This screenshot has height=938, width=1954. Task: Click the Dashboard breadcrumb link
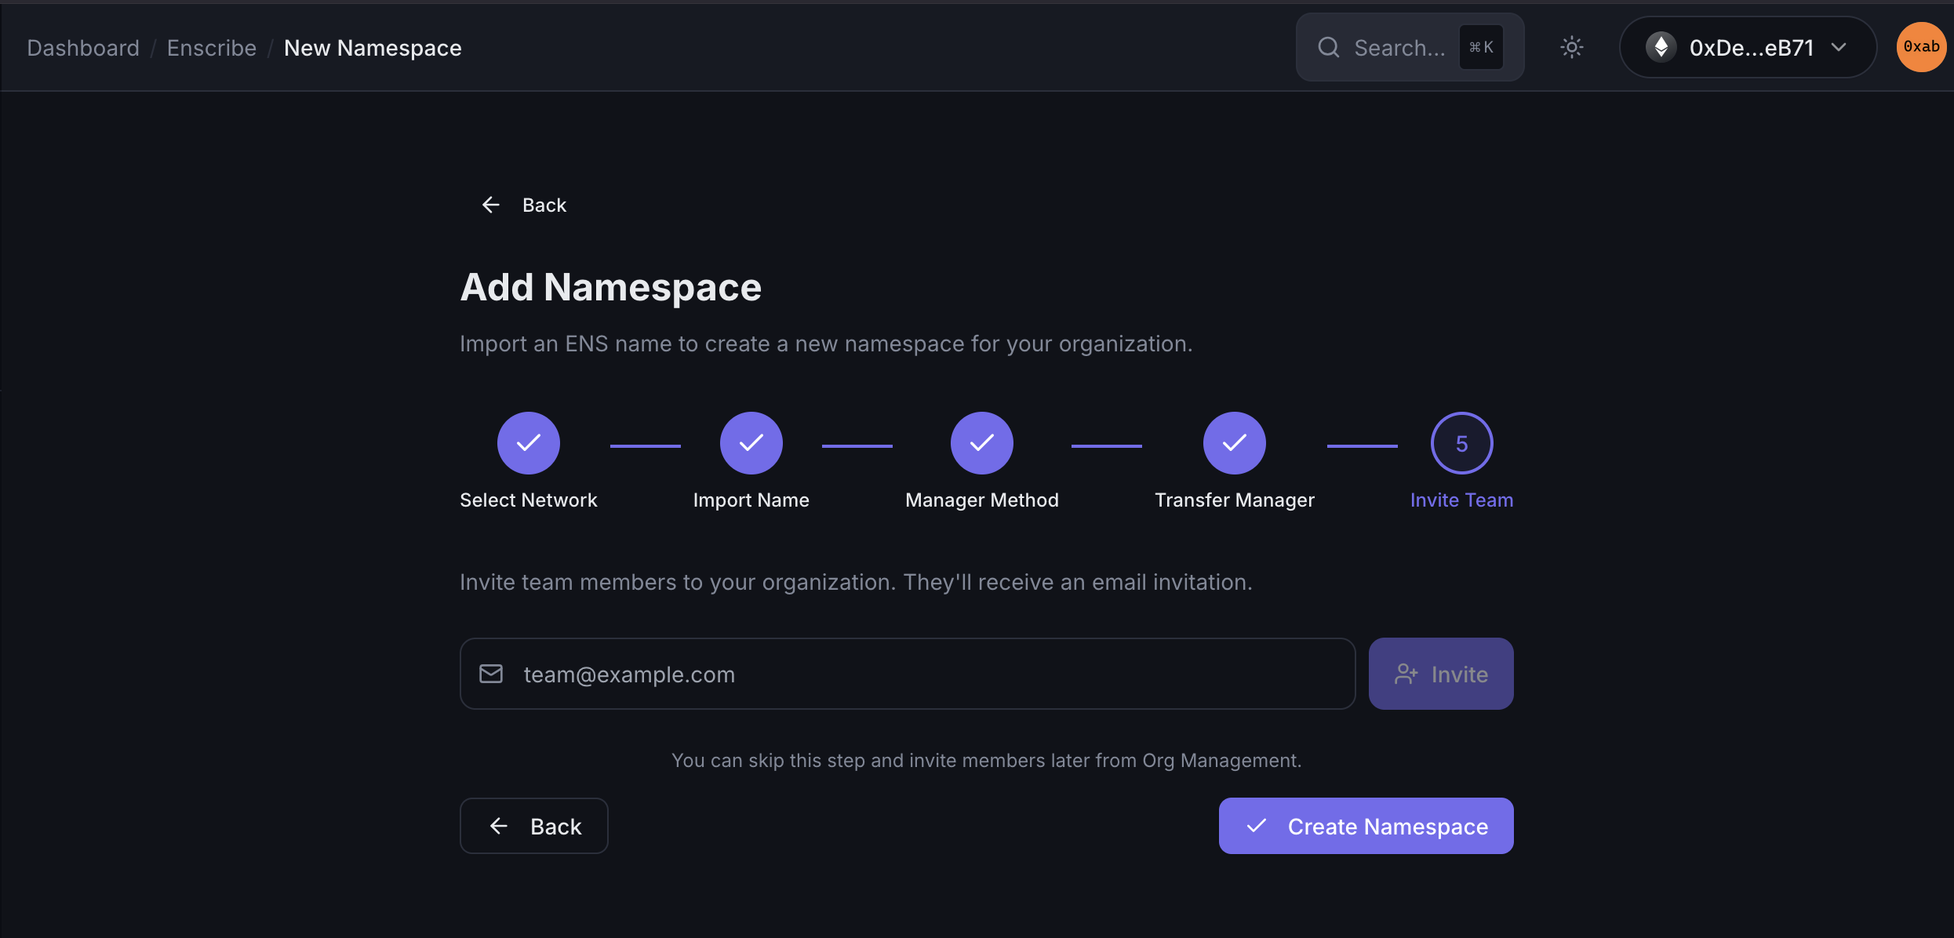click(83, 48)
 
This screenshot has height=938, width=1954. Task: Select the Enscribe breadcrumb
click(212, 48)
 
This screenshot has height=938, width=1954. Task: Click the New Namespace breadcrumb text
click(373, 48)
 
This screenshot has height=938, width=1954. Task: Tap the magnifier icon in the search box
click(1329, 47)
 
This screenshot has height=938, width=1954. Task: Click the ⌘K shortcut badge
click(1481, 47)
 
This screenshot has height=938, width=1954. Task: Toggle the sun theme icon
click(1572, 47)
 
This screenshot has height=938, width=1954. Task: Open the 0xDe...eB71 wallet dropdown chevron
click(1839, 47)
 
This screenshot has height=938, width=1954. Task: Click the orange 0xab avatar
click(1921, 47)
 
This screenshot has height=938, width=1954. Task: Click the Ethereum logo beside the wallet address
click(1661, 47)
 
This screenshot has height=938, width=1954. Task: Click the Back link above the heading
click(523, 205)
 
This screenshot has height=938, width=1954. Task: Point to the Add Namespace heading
click(611, 287)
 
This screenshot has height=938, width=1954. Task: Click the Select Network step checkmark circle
click(529, 443)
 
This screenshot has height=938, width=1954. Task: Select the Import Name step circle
click(751, 443)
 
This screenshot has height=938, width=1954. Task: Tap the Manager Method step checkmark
click(982, 443)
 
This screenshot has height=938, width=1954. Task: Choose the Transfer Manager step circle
click(1235, 443)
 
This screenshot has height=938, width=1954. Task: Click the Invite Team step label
click(1462, 500)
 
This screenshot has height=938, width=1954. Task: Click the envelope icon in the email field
click(491, 674)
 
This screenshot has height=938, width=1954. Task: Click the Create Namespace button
click(1366, 826)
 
